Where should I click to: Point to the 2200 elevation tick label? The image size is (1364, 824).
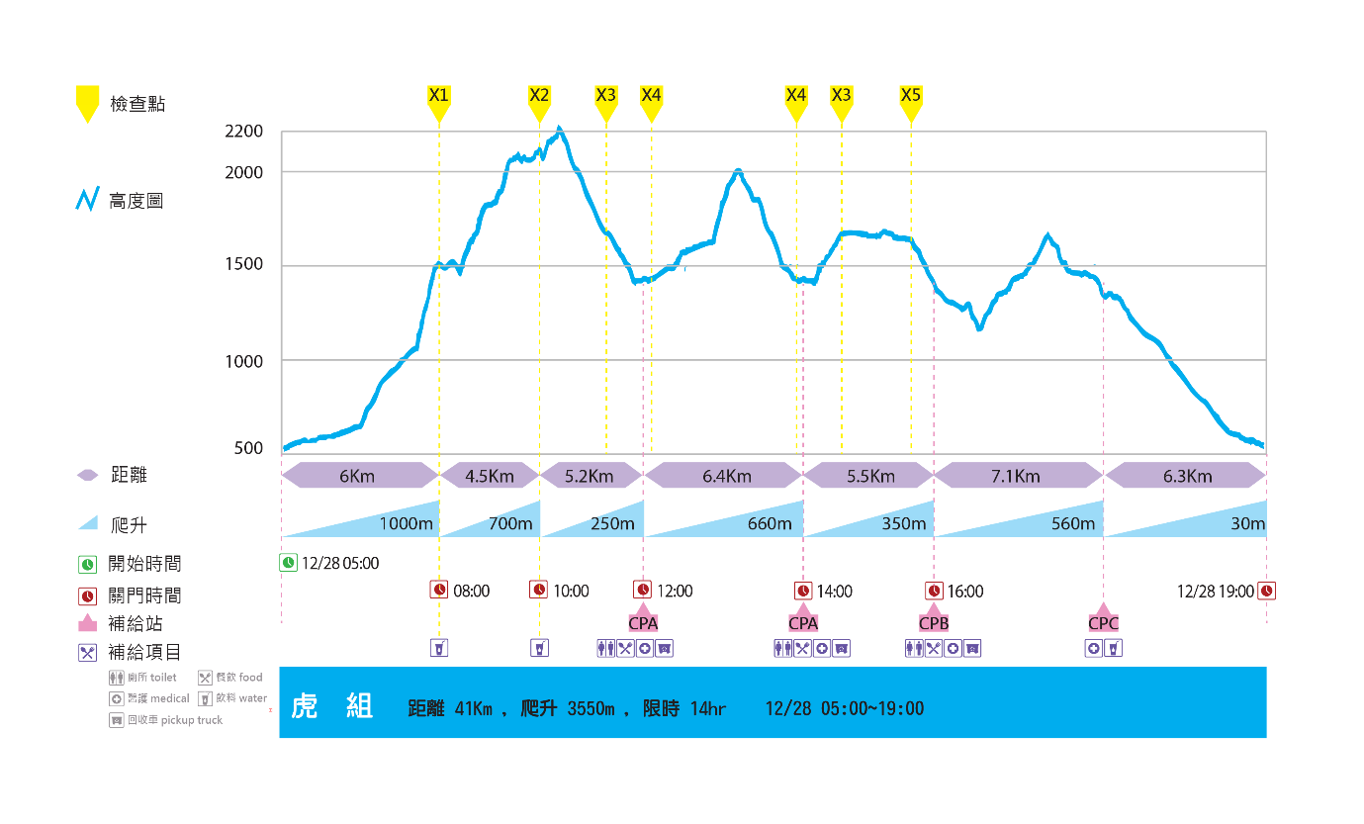pyautogui.click(x=243, y=132)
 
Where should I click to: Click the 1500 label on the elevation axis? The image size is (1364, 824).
pyautogui.click(x=243, y=264)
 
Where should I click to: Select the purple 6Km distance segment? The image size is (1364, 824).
pyautogui.click(x=358, y=476)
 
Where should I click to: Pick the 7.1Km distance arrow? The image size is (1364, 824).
pyautogui.click(x=1017, y=476)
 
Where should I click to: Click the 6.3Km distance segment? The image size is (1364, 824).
pyautogui.click(x=1185, y=476)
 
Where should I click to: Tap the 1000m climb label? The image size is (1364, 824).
pyautogui.click(x=407, y=523)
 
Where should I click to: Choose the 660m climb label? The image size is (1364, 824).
pyautogui.click(x=771, y=523)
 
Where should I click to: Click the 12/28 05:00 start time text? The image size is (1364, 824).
pyautogui.click(x=340, y=563)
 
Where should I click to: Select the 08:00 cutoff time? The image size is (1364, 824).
pyautogui.click(x=472, y=592)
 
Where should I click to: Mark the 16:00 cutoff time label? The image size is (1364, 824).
pyautogui.click(x=965, y=592)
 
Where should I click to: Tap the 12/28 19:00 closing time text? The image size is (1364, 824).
pyautogui.click(x=1215, y=592)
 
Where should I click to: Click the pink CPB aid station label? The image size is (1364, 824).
pyautogui.click(x=934, y=623)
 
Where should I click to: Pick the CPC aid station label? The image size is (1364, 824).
pyautogui.click(x=1103, y=623)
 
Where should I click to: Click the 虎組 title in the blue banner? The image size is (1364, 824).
pyautogui.click(x=331, y=706)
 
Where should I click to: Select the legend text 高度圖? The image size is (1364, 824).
pyautogui.click(x=136, y=202)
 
